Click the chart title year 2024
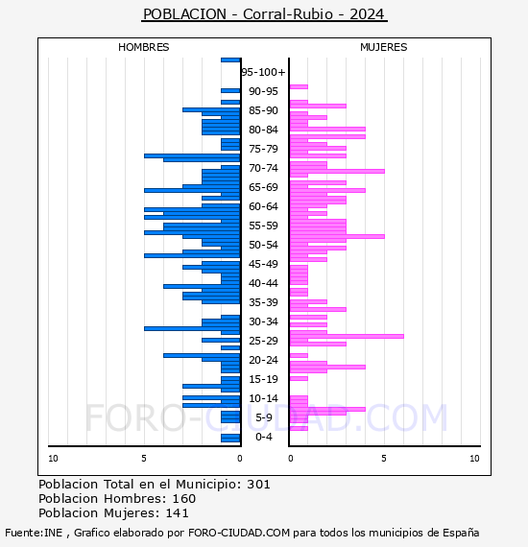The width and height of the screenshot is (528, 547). coord(367,14)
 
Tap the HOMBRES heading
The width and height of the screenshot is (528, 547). coord(143,47)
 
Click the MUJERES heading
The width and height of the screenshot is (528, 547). coord(384,47)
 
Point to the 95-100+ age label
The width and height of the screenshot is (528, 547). coord(263,72)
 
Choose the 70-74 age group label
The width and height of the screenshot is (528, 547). coord(263,168)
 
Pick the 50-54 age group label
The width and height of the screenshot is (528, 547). coord(263,245)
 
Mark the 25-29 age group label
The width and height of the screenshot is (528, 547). coord(263,341)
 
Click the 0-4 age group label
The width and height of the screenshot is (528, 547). coord(264,437)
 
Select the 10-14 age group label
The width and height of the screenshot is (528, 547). coord(263,398)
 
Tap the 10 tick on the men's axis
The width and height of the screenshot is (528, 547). coord(53,459)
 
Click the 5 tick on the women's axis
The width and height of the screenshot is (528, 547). coord(384,459)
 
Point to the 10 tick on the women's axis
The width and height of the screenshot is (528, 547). coord(474,459)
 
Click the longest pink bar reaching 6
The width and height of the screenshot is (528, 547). coord(347,336)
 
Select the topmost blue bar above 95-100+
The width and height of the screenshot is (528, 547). coord(230,60)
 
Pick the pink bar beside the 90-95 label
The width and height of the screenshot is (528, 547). coord(299,87)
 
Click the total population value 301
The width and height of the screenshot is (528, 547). coord(258,485)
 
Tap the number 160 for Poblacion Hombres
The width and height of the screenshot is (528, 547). coord(184,498)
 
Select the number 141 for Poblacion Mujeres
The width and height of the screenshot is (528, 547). coord(177,512)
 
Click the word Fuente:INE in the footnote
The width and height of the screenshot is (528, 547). coord(34,533)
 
